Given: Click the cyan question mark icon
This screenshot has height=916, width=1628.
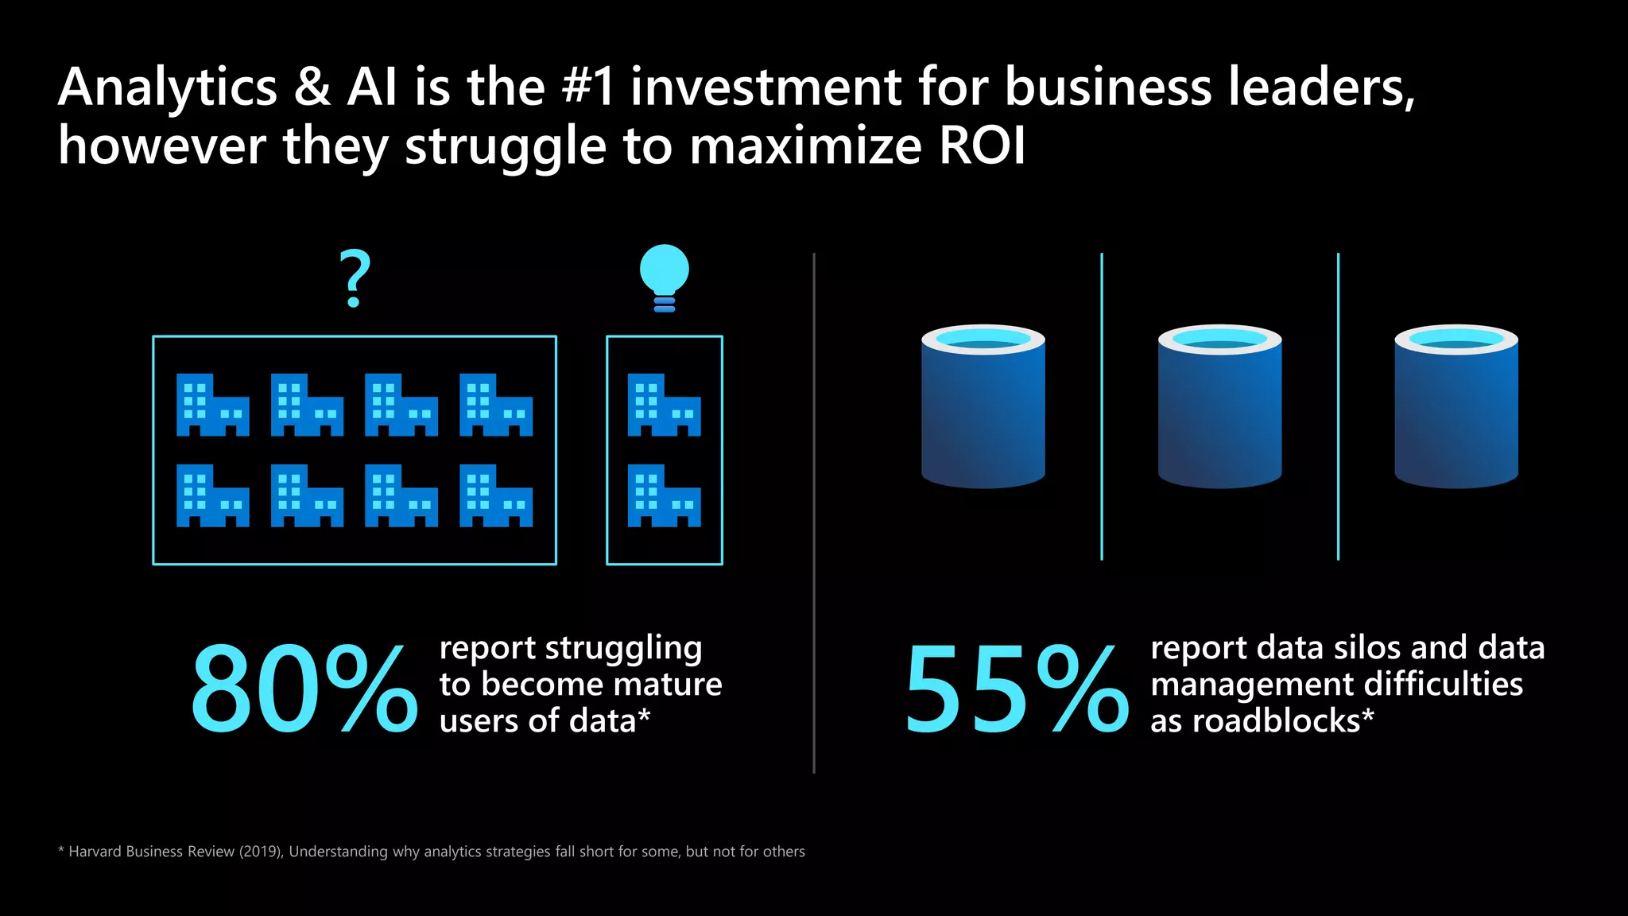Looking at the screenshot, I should click(355, 278).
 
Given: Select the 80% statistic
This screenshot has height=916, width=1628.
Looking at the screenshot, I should click(304, 689).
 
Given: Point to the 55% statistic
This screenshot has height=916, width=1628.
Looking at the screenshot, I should click(1016, 689).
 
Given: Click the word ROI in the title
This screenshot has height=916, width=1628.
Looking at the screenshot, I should click(983, 146).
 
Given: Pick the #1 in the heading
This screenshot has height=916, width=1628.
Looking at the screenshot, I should click(588, 87).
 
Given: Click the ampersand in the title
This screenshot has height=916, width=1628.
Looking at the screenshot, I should click(312, 87).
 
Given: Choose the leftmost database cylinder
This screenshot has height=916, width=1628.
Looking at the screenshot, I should click(983, 406).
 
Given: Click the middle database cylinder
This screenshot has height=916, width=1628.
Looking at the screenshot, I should click(1219, 406).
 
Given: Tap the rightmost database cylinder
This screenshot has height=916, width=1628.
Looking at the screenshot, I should click(1456, 406).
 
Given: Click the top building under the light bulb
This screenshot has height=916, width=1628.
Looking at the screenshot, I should click(665, 405).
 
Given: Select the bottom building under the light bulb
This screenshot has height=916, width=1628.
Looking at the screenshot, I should click(665, 495).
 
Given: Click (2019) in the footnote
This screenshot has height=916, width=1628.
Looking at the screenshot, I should click(261, 852).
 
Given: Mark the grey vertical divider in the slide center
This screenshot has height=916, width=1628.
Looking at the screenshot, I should click(814, 513).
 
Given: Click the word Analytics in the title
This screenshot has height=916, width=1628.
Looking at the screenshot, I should click(168, 87).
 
